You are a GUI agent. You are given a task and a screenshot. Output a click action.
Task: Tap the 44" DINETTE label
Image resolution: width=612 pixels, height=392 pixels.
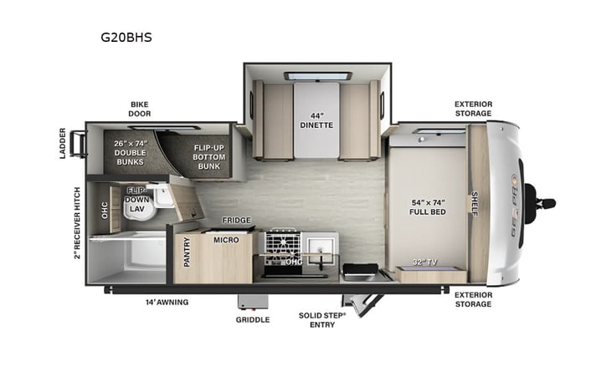[x=316, y=120]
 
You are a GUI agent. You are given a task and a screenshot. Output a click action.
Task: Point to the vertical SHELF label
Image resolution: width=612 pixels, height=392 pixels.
[x=475, y=203]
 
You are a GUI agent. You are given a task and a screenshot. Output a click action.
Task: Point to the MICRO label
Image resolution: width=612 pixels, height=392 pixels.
[x=226, y=240]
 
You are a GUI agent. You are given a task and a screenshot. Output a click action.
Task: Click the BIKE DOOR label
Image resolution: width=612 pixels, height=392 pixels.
[x=139, y=109]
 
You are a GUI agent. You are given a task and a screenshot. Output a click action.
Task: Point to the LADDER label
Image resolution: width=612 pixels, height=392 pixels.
[x=63, y=143]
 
